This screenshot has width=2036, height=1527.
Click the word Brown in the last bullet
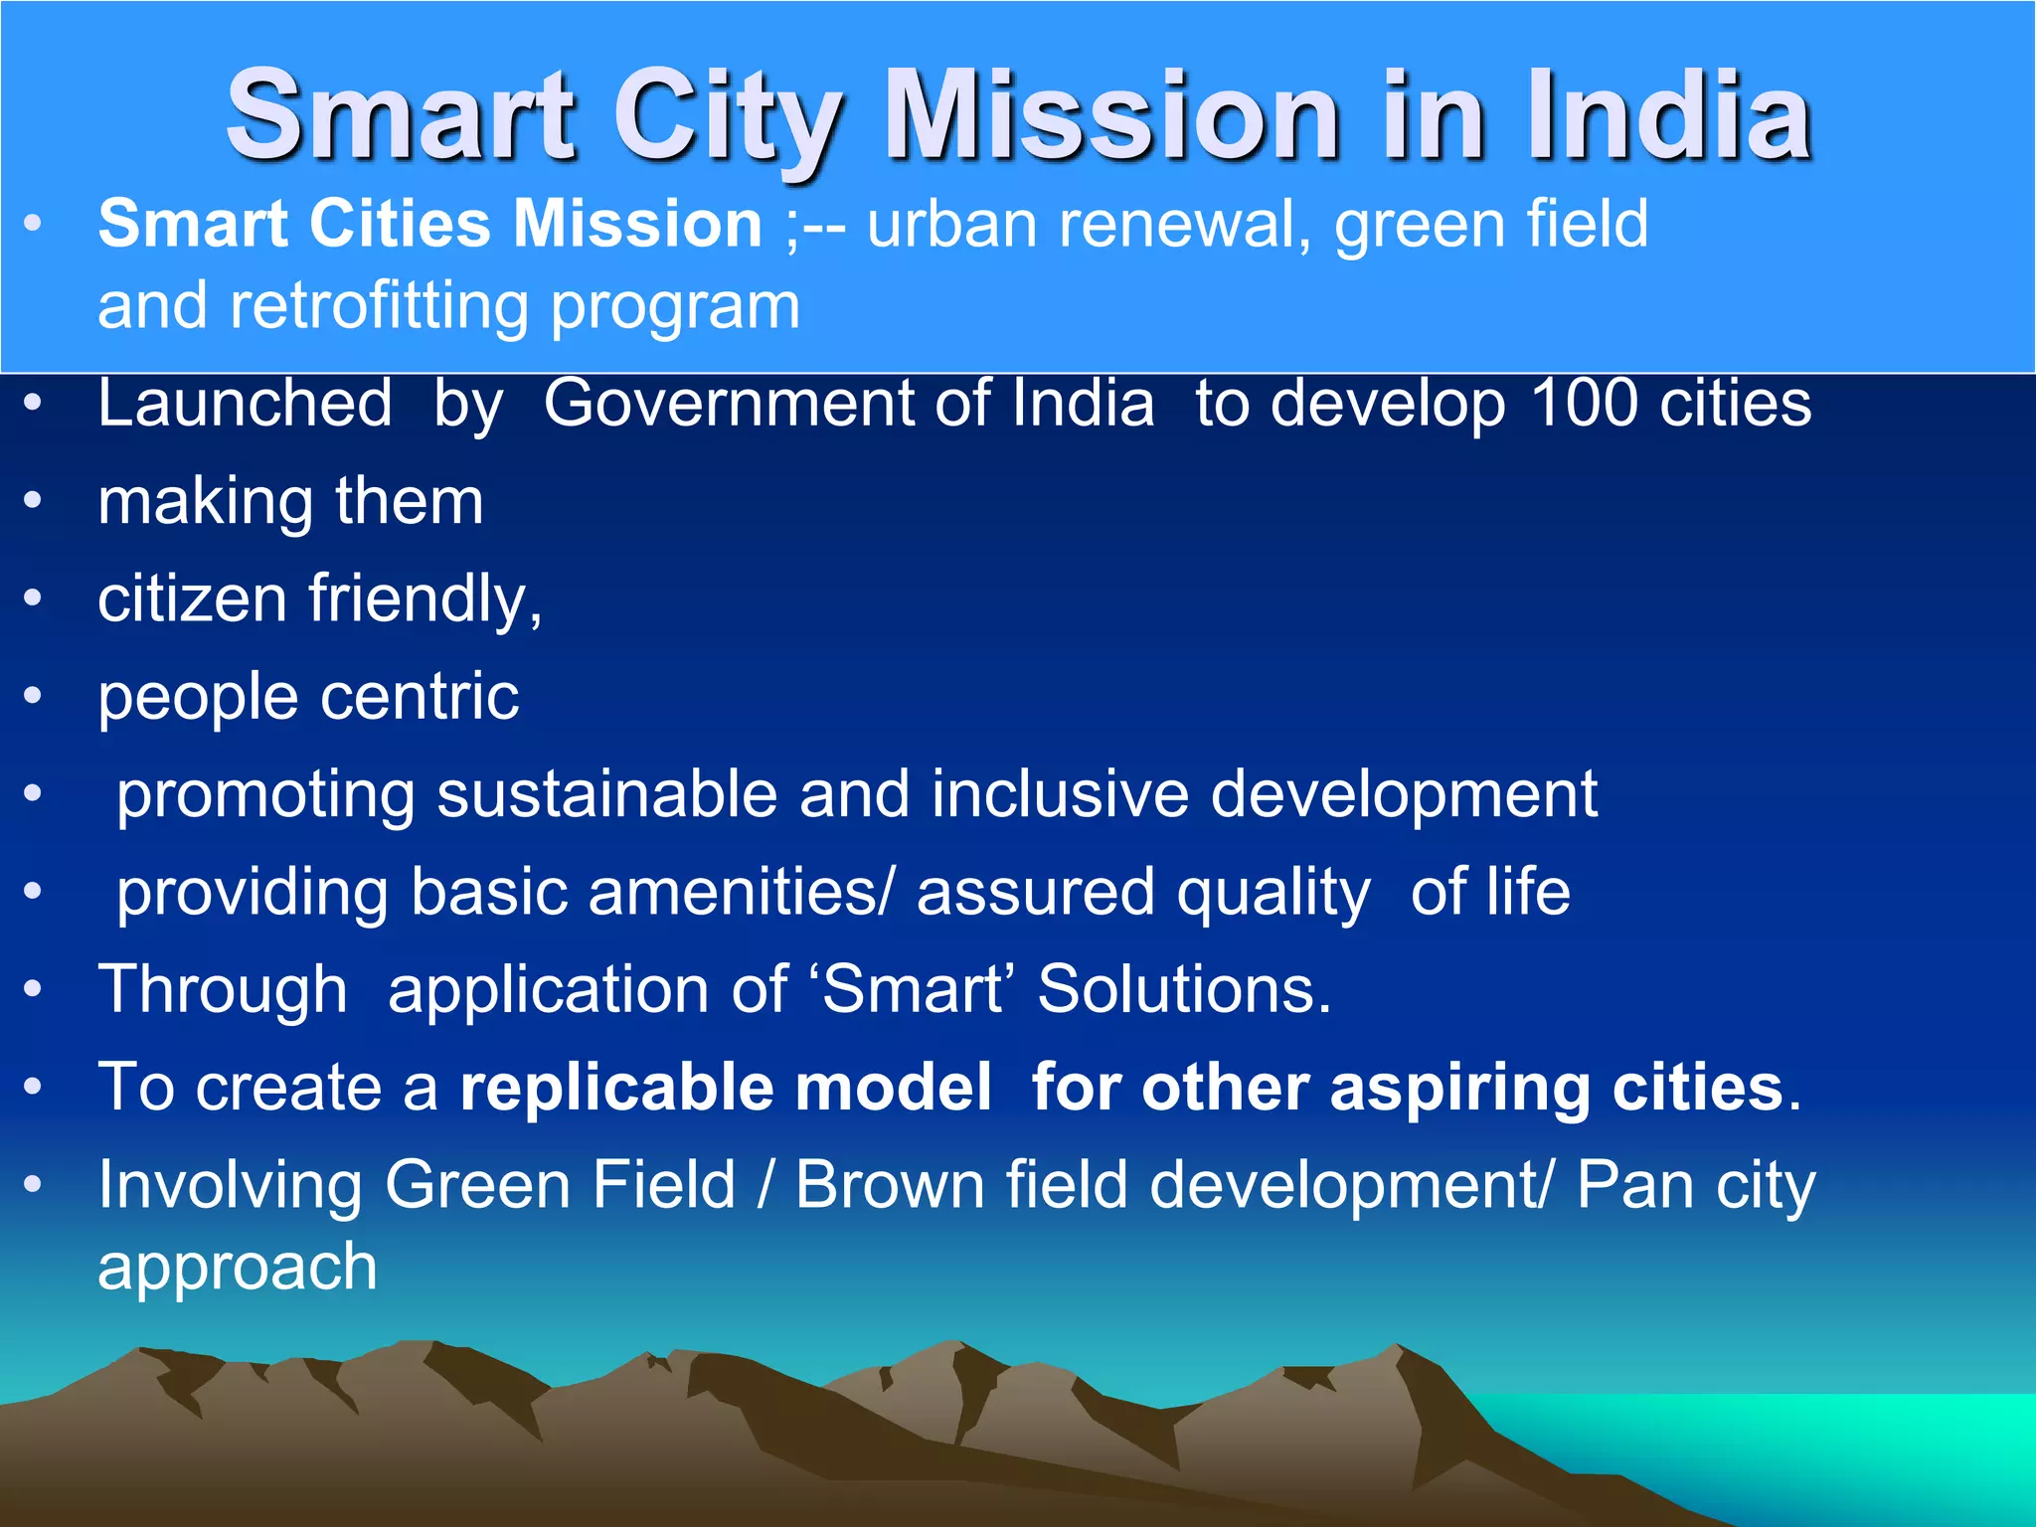click(888, 1185)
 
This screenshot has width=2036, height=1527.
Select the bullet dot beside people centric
click(34, 697)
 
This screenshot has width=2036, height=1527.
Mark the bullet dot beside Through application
click(34, 990)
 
